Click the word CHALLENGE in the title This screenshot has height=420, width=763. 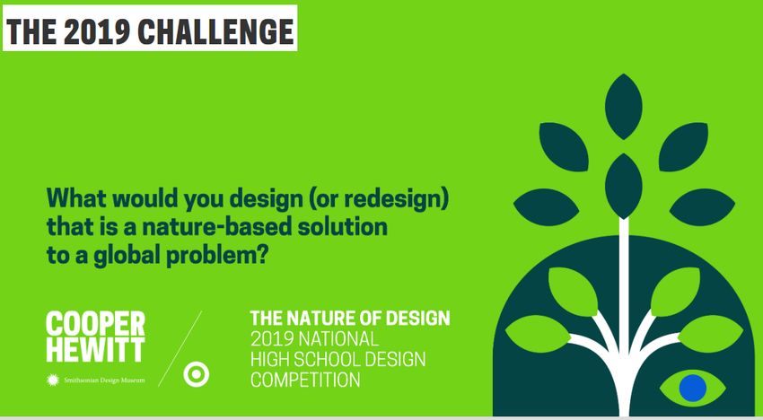coord(216,31)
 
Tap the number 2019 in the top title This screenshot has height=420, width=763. coord(97,31)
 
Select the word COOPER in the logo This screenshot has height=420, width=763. coord(95,324)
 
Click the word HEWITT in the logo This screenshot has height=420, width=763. coord(95,349)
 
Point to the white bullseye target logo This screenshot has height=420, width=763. coord(196,374)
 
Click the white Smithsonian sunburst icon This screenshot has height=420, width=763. coord(53,380)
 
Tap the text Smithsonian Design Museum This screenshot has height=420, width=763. coord(104,381)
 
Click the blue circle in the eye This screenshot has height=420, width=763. coord(692,388)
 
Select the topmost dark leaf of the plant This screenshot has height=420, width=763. coord(623,106)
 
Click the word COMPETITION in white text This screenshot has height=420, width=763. coord(305,380)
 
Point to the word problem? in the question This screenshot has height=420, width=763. coord(217,255)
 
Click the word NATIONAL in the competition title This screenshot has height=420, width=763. coord(338,338)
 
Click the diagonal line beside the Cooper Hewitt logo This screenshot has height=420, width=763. coord(180,349)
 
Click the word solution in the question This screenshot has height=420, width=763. coord(342,226)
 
